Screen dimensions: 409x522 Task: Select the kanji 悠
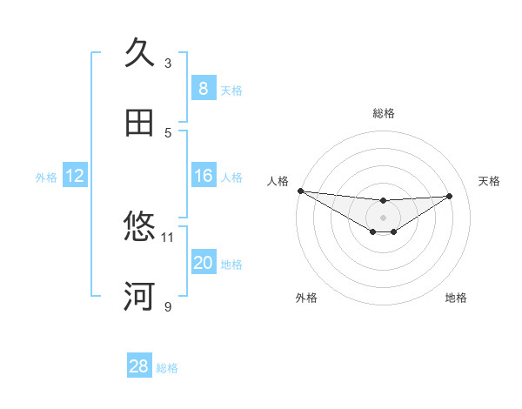pyautogui.click(x=140, y=227)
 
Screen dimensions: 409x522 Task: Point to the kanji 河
pyautogui.click(x=140, y=297)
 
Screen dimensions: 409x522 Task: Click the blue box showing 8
pyautogui.click(x=203, y=89)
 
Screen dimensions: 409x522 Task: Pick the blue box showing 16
pyautogui.click(x=203, y=177)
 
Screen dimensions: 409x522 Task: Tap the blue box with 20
pyautogui.click(x=203, y=264)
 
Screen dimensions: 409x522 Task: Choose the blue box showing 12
pyautogui.click(x=75, y=177)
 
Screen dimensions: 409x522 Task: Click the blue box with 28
pyautogui.click(x=139, y=366)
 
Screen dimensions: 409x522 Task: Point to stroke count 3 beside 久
pyautogui.click(x=168, y=63)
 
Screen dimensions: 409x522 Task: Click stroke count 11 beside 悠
pyautogui.click(x=168, y=237)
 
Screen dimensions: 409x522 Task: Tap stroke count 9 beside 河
pyautogui.click(x=168, y=306)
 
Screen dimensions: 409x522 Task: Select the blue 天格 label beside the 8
pyautogui.click(x=231, y=90)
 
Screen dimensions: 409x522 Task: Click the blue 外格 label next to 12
pyautogui.click(x=46, y=178)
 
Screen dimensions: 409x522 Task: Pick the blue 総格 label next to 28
pyautogui.click(x=167, y=367)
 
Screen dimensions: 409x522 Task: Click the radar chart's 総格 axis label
pyautogui.click(x=383, y=113)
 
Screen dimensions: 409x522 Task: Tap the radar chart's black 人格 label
pyautogui.click(x=278, y=181)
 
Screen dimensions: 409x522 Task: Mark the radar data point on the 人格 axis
pyautogui.click(x=300, y=191)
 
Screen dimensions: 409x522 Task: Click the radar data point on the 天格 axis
pyautogui.click(x=449, y=196)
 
